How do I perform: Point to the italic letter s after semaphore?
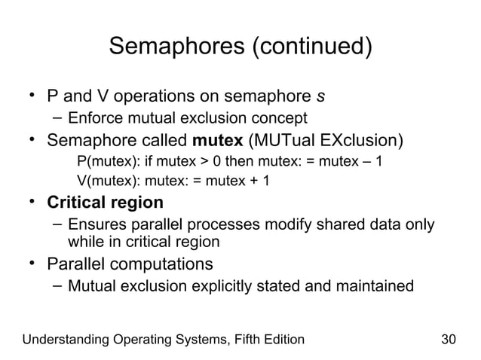[321, 96]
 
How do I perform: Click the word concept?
[281, 118]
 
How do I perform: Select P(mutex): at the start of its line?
[109, 163]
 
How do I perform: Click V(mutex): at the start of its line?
[109, 182]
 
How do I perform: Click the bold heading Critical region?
[105, 203]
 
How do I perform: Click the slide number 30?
[449, 339]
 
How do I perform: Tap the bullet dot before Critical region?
[33, 203]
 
